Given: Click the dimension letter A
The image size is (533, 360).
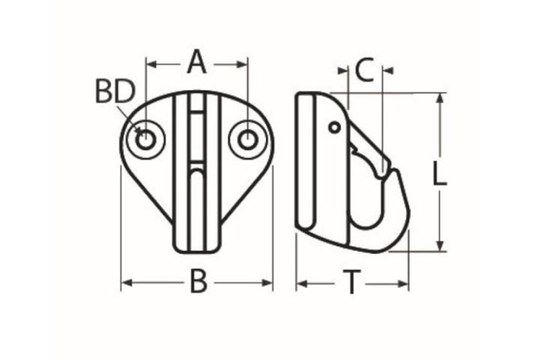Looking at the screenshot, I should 197,64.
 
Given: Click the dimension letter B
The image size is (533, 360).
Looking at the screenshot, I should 199,282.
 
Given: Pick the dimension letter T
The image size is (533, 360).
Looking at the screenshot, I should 352,282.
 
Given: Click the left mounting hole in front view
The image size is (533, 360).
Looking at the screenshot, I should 145,138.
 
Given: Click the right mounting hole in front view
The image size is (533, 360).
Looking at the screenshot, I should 248,138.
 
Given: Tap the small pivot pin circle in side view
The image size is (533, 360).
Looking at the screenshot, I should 334,127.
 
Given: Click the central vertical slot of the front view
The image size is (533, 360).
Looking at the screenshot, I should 197,173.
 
